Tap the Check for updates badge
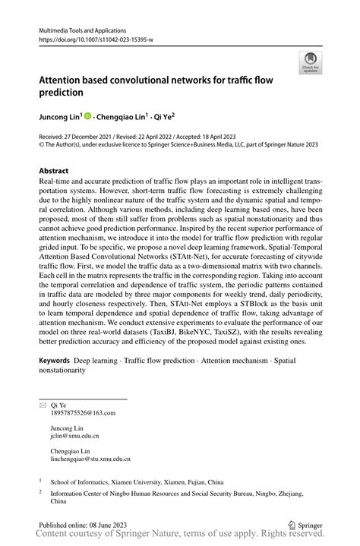[x=311, y=65]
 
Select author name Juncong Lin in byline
[x=63, y=117]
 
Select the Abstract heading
[x=53, y=172]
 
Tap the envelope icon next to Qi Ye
[x=43, y=406]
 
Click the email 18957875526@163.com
[x=83, y=413]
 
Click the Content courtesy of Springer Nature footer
[x=180, y=535]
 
